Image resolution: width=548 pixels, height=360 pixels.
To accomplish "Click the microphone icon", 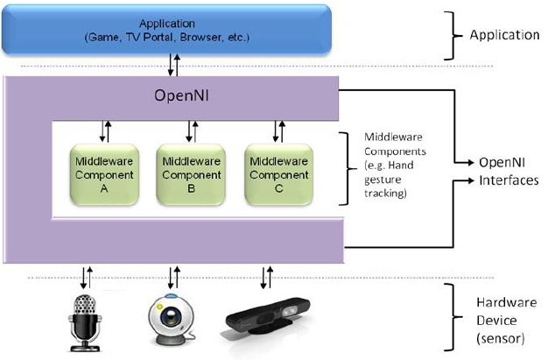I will pos(84,319).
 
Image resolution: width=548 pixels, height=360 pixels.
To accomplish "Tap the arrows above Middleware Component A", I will pos(104,131).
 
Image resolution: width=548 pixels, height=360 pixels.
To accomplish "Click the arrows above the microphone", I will pos(83,278).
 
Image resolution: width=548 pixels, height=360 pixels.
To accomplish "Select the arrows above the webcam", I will pos(172,278).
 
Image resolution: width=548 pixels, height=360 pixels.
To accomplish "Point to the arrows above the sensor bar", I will pos(266,278).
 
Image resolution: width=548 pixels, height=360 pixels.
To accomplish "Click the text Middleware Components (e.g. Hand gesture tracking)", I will pos(393,166).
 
